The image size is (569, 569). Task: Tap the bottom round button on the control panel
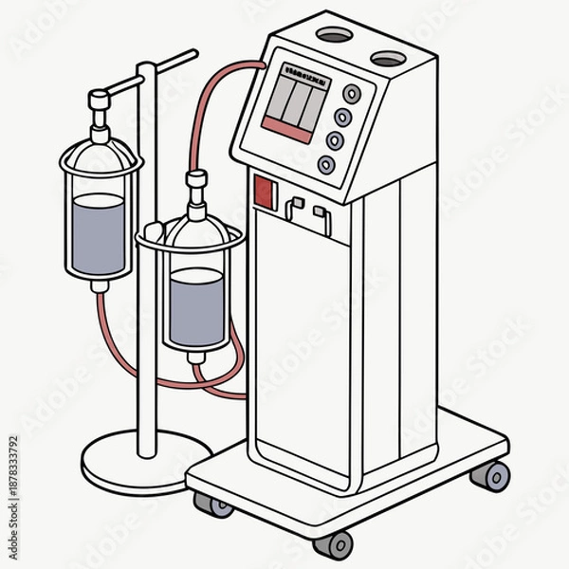click(327, 164)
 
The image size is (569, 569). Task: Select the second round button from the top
click(343, 118)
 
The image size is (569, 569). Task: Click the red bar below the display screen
click(285, 129)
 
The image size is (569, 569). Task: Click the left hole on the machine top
click(332, 36)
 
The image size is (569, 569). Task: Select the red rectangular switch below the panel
click(266, 193)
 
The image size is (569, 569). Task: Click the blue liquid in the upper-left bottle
click(99, 233)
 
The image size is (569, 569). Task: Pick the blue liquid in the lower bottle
click(196, 305)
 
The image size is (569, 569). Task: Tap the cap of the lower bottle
click(197, 179)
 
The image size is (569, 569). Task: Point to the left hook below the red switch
click(293, 207)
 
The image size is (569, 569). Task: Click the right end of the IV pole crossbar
click(193, 53)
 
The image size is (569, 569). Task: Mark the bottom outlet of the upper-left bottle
click(99, 284)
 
